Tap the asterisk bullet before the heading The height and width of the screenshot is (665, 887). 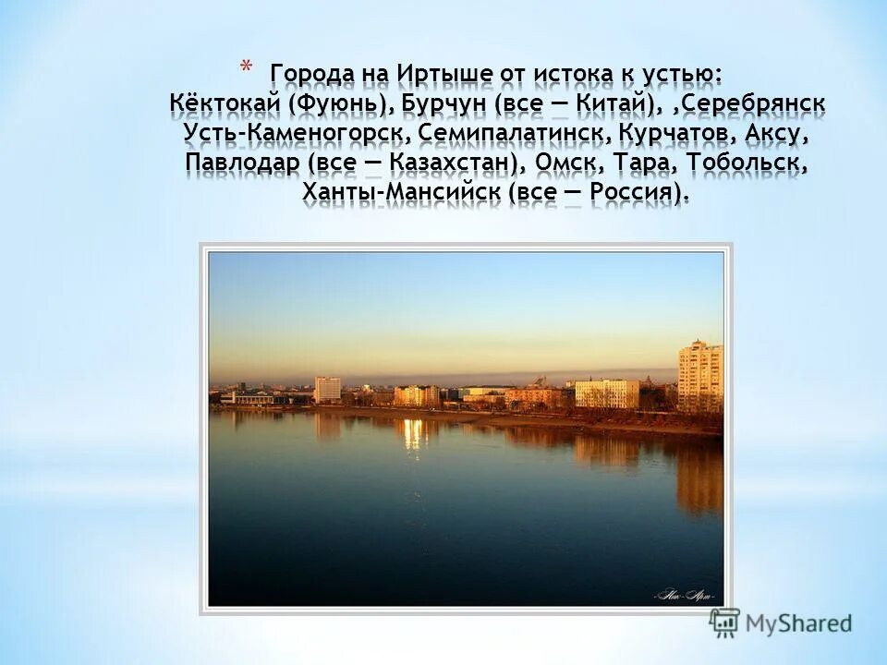coord(245,67)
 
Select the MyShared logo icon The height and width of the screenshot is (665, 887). coord(725,623)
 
